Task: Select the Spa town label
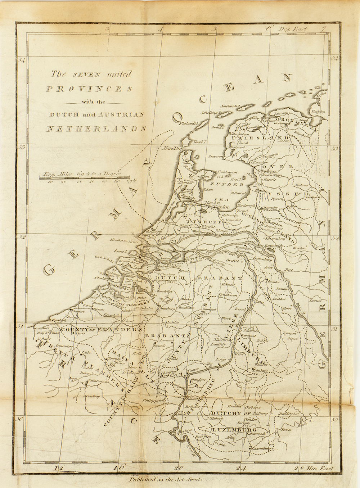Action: coord(247,380)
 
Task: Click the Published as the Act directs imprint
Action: coord(166,480)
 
